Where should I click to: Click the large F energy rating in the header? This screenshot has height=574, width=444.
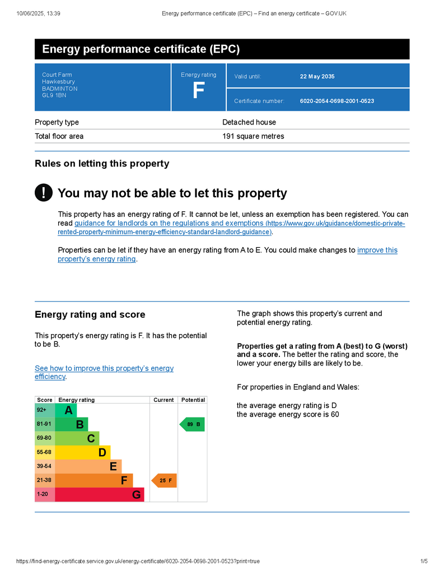tap(198, 91)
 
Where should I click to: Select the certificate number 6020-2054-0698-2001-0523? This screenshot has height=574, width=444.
tap(336, 101)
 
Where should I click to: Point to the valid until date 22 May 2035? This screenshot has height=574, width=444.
tap(317, 76)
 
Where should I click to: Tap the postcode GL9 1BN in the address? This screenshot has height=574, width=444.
tap(54, 95)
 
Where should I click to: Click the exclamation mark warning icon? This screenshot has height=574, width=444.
tap(43, 192)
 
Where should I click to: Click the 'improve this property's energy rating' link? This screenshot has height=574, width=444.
tap(377, 251)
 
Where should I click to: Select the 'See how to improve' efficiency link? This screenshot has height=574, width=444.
tap(104, 368)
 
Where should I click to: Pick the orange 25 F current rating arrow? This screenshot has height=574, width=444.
tap(164, 480)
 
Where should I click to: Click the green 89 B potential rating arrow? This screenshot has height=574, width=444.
tap(192, 424)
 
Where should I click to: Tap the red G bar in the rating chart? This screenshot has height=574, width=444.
tap(100, 494)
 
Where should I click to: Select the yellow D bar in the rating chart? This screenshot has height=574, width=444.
tap(82, 452)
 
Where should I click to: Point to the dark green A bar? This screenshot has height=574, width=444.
tap(66, 410)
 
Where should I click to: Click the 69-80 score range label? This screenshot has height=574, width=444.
tap(44, 438)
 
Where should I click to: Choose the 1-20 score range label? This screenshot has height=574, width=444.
tap(43, 494)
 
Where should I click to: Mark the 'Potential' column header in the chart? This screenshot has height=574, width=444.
tap(193, 400)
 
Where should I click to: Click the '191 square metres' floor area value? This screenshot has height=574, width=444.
tap(253, 136)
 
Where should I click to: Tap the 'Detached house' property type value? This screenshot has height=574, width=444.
tap(249, 122)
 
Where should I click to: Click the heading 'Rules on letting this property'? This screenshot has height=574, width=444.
tap(101, 164)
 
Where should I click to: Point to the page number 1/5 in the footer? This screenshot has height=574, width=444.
tap(423, 561)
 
